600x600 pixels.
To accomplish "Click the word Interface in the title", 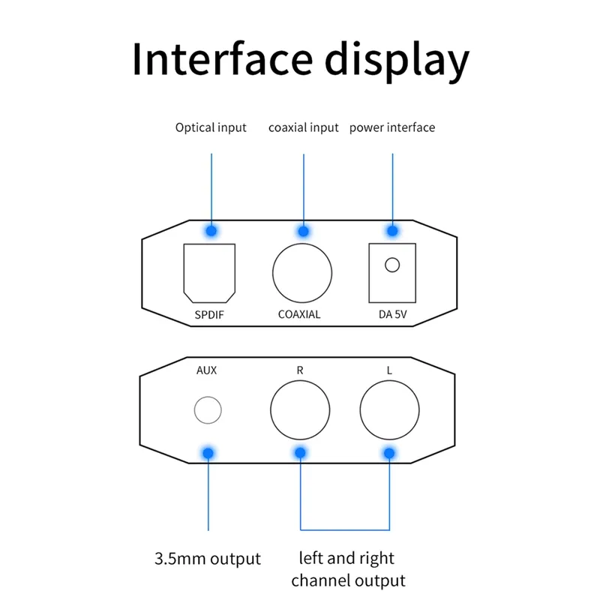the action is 223,58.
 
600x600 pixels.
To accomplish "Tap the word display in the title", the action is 397,61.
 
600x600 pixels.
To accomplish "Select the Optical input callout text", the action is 211,127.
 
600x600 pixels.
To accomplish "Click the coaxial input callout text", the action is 304,127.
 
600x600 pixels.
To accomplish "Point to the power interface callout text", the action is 392,127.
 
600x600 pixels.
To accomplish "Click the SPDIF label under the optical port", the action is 209,314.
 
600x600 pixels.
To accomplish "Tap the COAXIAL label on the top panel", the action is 299,314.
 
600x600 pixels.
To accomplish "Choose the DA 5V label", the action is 392,314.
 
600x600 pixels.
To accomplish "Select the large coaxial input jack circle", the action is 273,273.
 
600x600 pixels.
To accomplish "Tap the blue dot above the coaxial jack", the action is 304,231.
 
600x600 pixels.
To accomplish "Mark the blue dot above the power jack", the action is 392,231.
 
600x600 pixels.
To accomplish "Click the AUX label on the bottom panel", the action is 207,370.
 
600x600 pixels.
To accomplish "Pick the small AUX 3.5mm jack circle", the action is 194,410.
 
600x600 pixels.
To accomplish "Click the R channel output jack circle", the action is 271,410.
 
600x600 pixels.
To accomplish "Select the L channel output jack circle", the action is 360,410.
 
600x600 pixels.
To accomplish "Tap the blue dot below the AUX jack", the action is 208,454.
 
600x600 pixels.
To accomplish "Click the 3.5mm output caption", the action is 208,559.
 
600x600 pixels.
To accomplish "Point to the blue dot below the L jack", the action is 389,454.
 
